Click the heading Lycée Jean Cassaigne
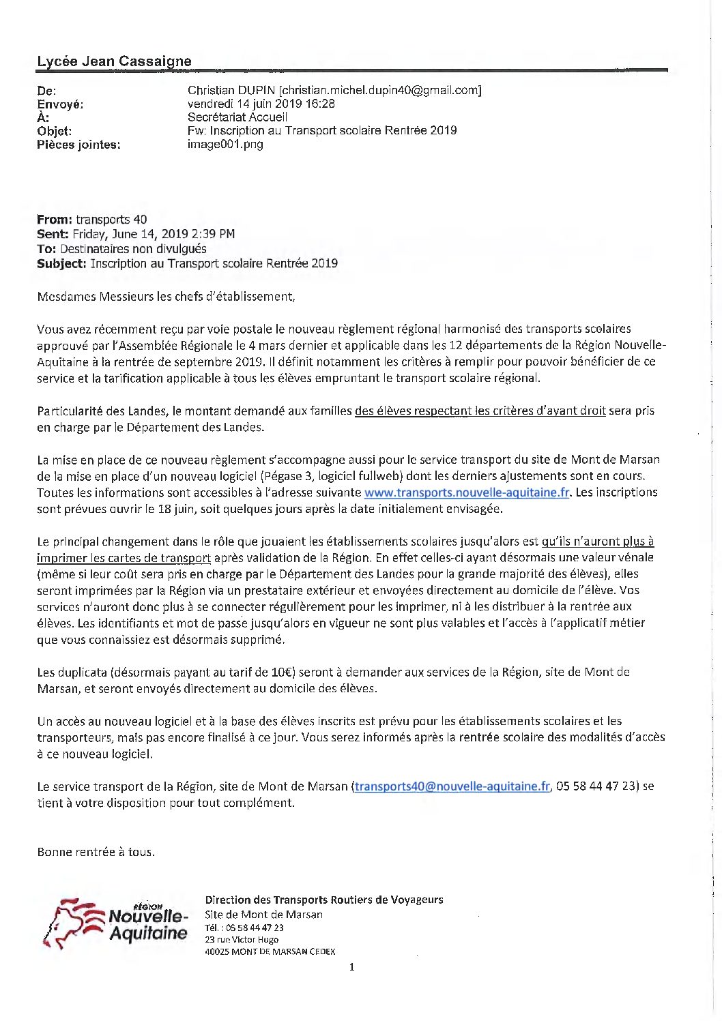click(x=114, y=61)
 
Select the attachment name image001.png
click(x=225, y=144)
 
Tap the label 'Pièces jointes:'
click(x=78, y=145)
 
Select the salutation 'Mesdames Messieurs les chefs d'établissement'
click(x=166, y=297)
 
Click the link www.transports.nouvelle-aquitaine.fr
click(x=467, y=492)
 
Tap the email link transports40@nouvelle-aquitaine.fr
click(x=452, y=786)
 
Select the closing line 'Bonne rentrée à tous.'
click(x=96, y=852)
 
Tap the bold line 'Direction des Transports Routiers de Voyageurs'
click(x=323, y=900)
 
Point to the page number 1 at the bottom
click(x=352, y=967)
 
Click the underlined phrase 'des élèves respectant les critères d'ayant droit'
click(x=480, y=411)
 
